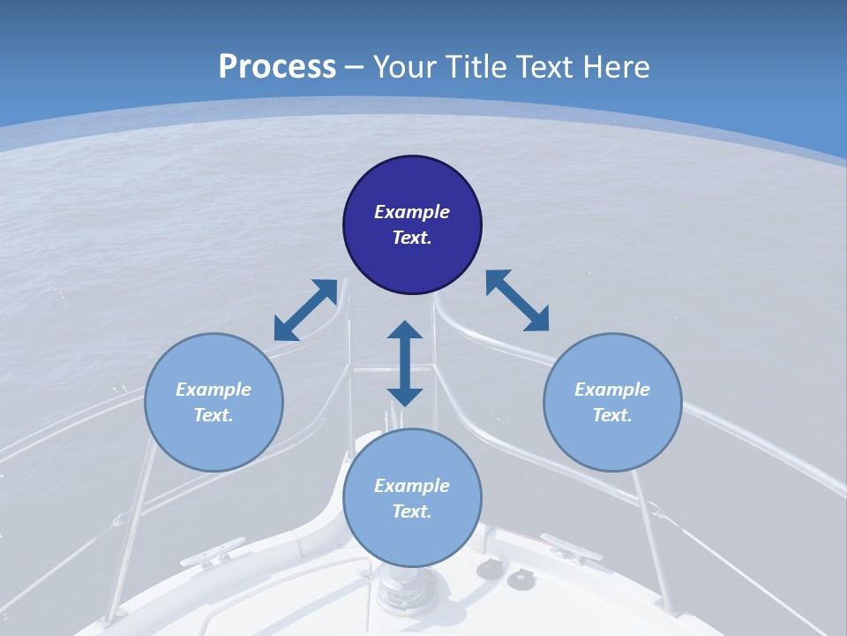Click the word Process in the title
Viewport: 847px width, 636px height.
(x=277, y=67)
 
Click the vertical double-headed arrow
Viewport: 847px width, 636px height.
(x=405, y=363)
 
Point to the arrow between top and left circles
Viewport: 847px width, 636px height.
(x=305, y=310)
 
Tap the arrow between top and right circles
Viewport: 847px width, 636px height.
(x=517, y=300)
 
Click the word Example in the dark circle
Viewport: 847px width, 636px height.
(x=412, y=212)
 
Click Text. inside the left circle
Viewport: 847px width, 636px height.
(x=214, y=415)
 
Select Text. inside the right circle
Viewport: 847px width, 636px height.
(x=612, y=415)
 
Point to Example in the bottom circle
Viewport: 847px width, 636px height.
(x=412, y=485)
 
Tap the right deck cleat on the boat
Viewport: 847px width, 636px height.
(x=570, y=547)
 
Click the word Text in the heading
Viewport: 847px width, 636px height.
(x=542, y=67)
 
